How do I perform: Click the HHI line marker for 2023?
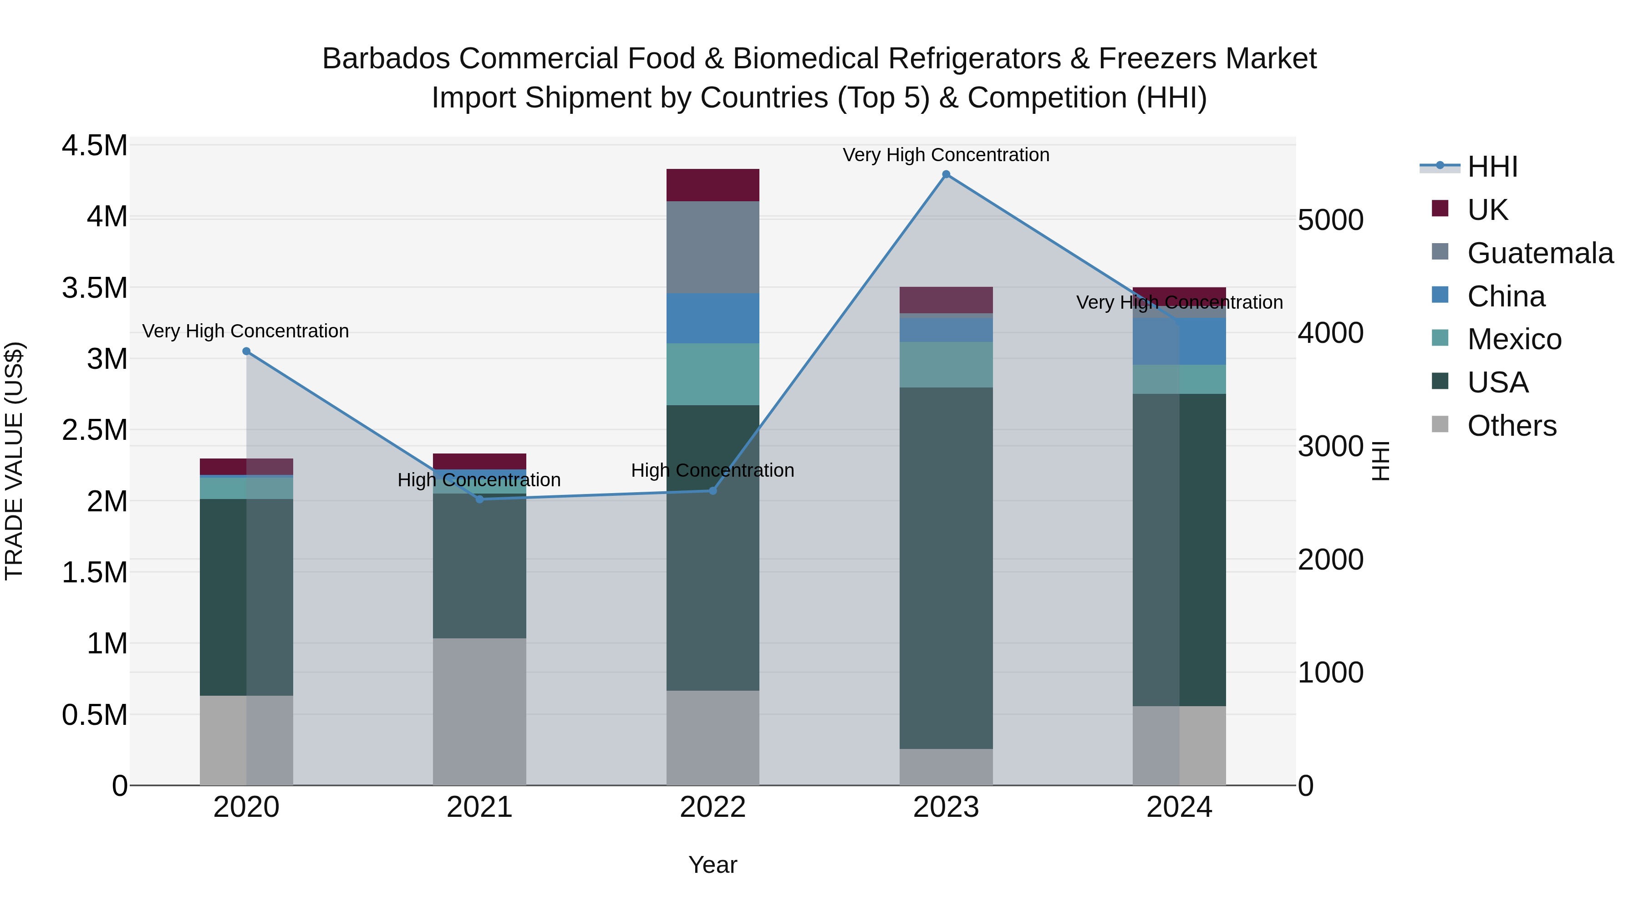(x=946, y=174)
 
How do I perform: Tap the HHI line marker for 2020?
(x=246, y=351)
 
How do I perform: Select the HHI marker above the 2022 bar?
(x=713, y=490)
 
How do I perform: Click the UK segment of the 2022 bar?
(x=713, y=185)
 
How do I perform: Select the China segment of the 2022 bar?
(x=713, y=318)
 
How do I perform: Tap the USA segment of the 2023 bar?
(x=946, y=568)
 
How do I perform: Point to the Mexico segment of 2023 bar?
(x=946, y=365)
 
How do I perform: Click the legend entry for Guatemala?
(x=1540, y=253)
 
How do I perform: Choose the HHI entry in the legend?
(x=1492, y=167)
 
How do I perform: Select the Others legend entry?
(x=1511, y=426)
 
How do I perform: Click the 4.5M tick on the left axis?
(x=94, y=146)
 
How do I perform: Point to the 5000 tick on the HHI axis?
(x=1330, y=220)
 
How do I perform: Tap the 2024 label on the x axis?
(x=1179, y=807)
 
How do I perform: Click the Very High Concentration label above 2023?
(x=946, y=155)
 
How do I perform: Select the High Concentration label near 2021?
(x=478, y=480)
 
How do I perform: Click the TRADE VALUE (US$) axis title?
(x=14, y=461)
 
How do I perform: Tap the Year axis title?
(x=713, y=865)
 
